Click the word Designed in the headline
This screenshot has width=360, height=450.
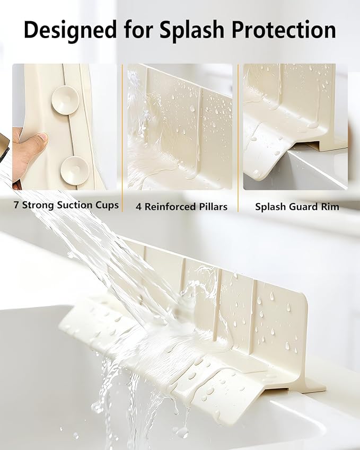(x=70, y=30)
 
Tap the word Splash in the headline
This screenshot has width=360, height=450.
(x=192, y=29)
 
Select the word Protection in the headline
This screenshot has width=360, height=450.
(x=284, y=30)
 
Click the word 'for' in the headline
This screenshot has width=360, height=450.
(x=138, y=29)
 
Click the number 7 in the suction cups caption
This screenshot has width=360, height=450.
(x=16, y=205)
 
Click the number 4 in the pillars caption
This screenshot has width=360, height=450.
(x=139, y=207)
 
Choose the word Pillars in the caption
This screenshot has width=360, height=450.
(x=210, y=207)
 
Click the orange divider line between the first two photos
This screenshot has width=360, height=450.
(x=122, y=138)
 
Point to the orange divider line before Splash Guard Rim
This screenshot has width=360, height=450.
(x=238, y=138)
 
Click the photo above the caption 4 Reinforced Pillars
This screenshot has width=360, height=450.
(x=180, y=127)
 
